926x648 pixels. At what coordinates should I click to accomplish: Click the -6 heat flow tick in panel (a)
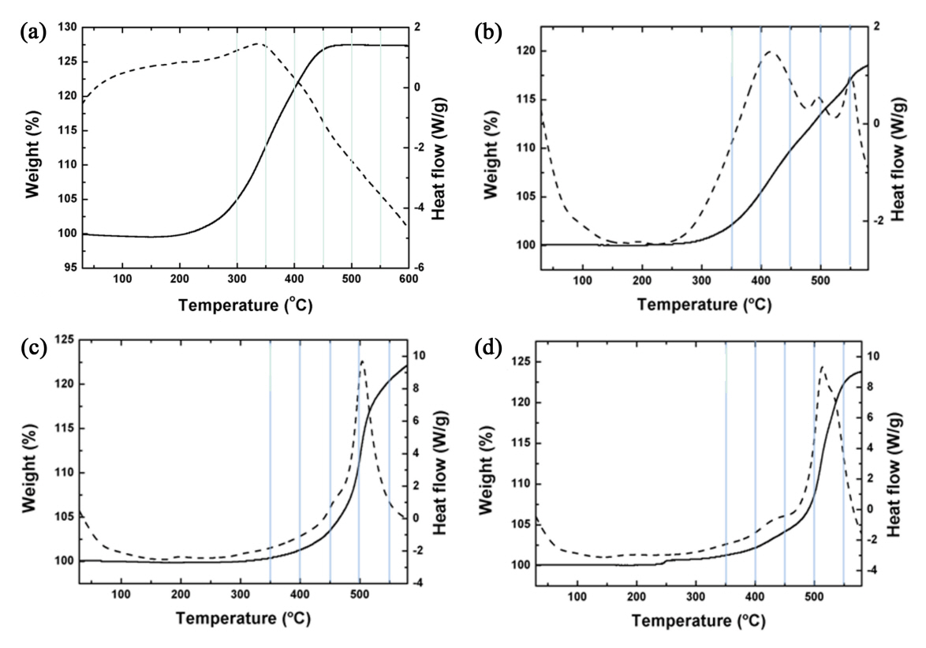[x=423, y=268]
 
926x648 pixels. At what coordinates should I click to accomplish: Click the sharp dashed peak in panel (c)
[x=362, y=361]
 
